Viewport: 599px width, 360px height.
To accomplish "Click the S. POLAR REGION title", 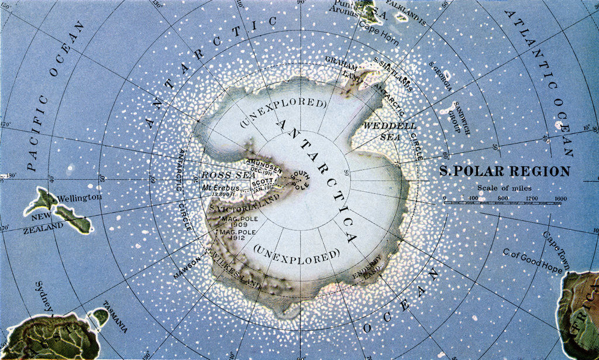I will (504, 171).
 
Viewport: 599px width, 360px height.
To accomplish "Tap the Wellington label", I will (80, 198).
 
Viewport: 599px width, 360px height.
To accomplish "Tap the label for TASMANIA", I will (115, 316).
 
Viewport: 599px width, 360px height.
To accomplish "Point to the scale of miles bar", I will (505, 203).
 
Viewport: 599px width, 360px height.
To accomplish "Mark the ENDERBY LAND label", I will (368, 266).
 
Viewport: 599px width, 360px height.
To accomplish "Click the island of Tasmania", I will (100, 317).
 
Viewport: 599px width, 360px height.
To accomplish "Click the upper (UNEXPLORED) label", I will (282, 113).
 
